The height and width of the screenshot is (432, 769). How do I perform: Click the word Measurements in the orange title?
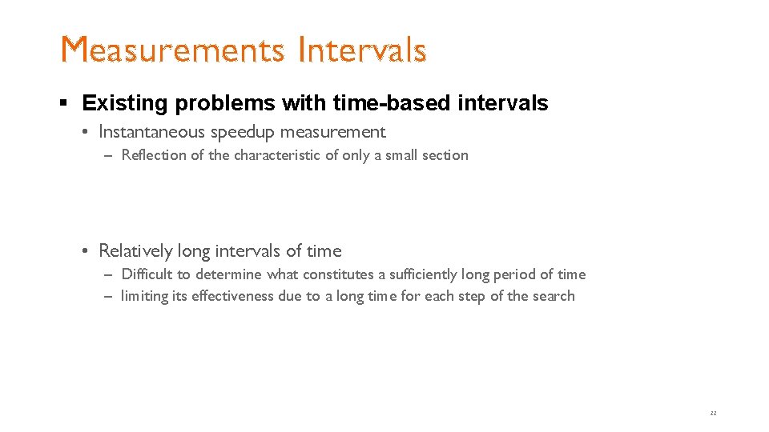(x=173, y=50)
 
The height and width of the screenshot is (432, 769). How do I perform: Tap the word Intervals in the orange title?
(x=361, y=50)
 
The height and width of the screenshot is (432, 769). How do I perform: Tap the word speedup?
(x=243, y=132)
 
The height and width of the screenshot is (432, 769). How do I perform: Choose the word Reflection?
(x=154, y=155)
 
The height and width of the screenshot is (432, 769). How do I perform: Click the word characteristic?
(x=277, y=155)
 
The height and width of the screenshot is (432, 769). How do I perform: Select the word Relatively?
(x=135, y=251)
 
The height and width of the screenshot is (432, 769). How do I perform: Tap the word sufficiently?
(x=423, y=274)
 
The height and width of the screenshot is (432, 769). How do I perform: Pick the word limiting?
(x=143, y=296)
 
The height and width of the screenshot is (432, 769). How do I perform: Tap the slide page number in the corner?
(x=713, y=413)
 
